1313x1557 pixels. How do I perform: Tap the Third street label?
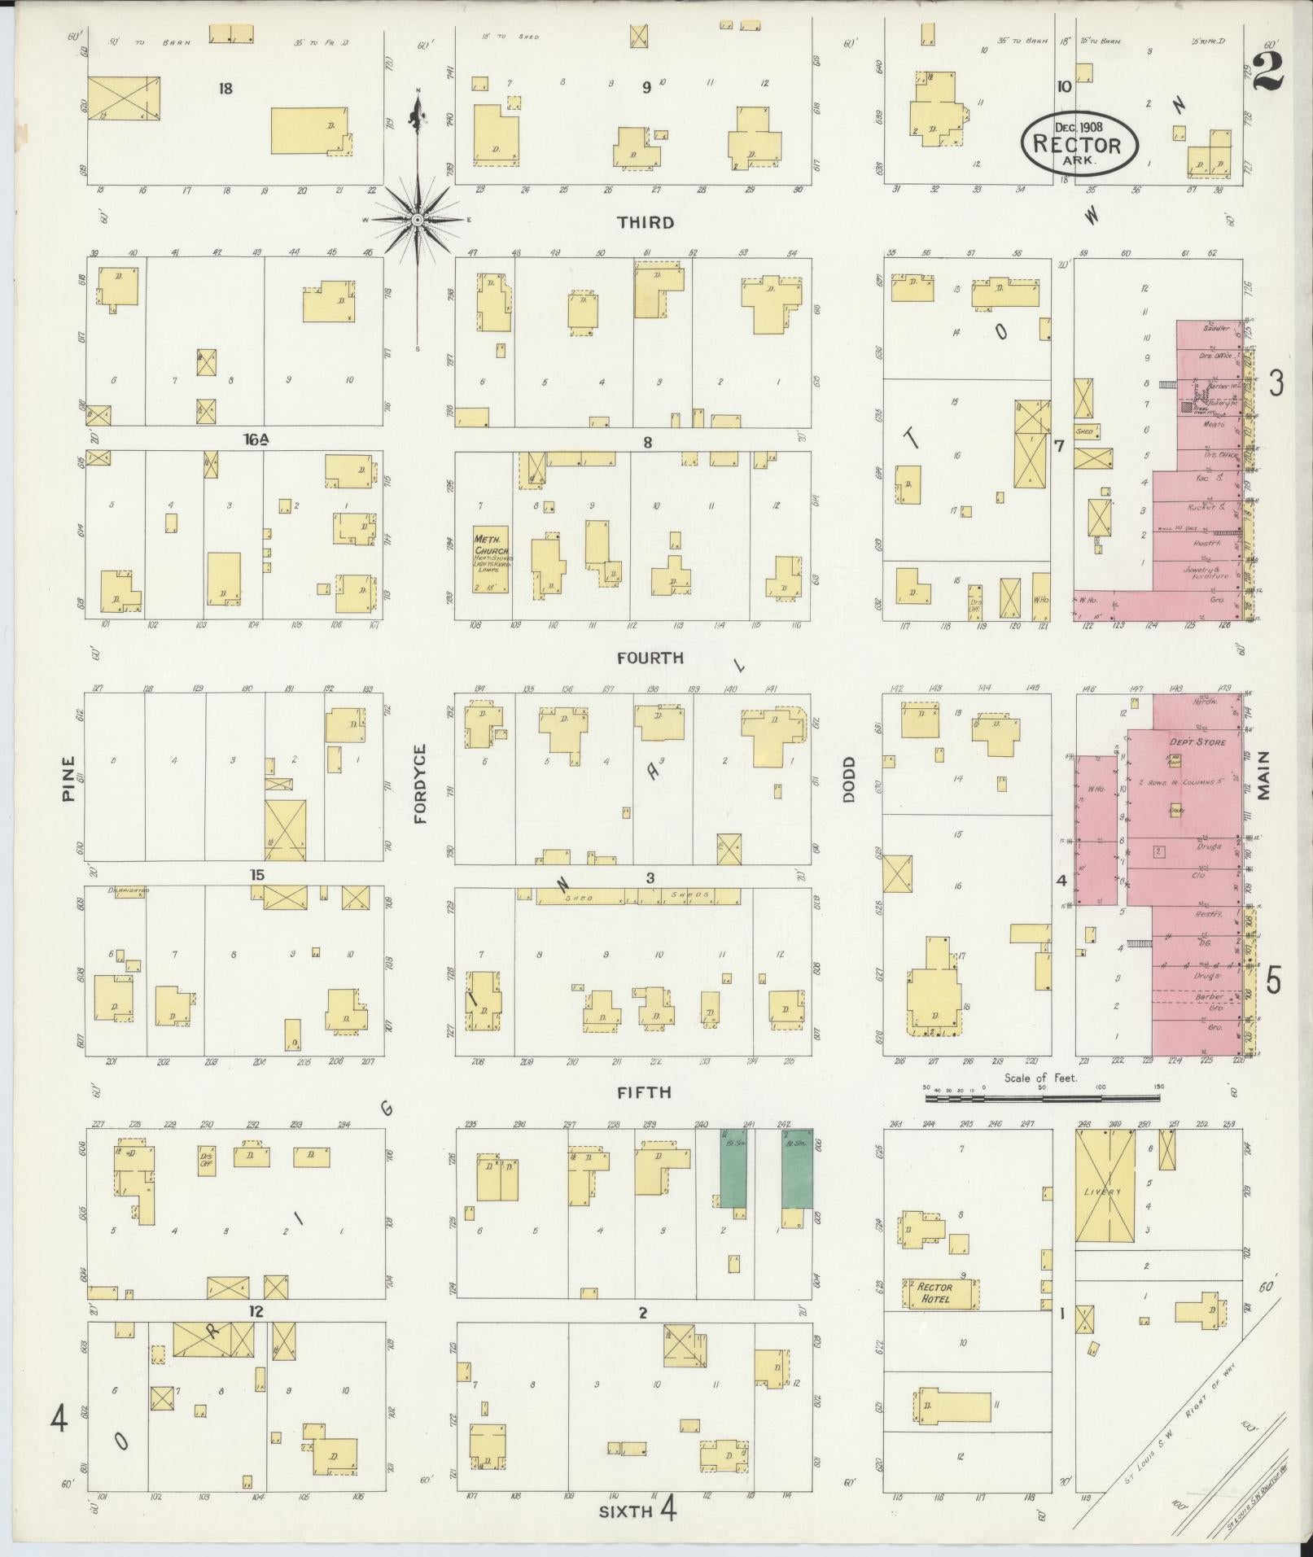click(x=646, y=222)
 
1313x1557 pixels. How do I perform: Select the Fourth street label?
click(x=650, y=657)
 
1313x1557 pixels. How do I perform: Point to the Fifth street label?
click(x=644, y=1092)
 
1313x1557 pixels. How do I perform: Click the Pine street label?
click(x=68, y=779)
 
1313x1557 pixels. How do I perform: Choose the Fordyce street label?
click(x=420, y=783)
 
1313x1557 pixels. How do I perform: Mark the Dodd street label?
click(x=849, y=780)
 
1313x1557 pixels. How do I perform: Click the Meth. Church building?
click(x=491, y=558)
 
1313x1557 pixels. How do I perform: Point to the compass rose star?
click(x=417, y=220)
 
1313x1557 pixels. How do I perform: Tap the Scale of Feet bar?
click(x=1043, y=1098)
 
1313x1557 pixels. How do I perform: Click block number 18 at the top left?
click(x=225, y=88)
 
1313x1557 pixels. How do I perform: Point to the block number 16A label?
click(x=256, y=440)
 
